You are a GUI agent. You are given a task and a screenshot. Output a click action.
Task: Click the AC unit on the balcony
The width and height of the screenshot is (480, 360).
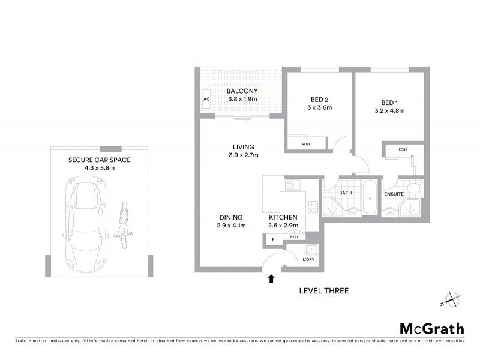pos(206,99)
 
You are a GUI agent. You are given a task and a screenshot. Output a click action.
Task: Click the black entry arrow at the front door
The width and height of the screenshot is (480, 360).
pos(271,278)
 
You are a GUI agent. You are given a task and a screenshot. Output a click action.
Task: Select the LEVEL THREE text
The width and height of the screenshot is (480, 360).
pos(323,291)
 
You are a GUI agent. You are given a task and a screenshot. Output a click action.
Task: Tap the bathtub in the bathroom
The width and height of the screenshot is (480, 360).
pos(369,197)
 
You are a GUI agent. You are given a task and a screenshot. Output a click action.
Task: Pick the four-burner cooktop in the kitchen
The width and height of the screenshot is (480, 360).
pos(312,207)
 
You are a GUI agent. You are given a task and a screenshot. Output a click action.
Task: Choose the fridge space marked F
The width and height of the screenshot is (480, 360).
pos(273,240)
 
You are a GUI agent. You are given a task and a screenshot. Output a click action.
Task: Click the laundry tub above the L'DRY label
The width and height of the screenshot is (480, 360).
pos(310,249)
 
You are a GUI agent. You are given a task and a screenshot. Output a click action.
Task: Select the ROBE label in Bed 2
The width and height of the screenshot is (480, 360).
pos(306,144)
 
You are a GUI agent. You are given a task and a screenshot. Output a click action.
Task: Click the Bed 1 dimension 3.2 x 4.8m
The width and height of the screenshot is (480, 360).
pos(389,110)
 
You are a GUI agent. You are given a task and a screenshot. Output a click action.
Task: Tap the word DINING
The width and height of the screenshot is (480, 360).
pos(230,217)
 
